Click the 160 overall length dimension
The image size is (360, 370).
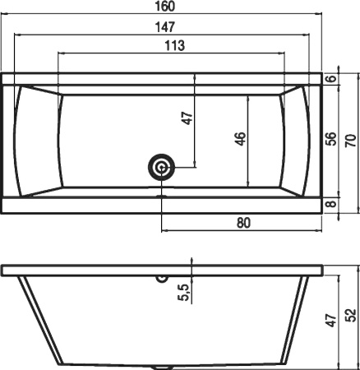(164, 6)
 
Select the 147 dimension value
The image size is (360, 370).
(164, 27)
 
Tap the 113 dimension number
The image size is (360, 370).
(175, 45)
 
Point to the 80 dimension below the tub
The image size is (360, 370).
(243, 223)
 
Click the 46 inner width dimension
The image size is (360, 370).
(241, 139)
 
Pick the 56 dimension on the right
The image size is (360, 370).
(330, 139)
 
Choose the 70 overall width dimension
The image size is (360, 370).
(352, 141)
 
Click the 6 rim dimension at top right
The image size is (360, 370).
(331, 78)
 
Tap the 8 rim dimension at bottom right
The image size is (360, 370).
(331, 204)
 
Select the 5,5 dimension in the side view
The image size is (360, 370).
(185, 292)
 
